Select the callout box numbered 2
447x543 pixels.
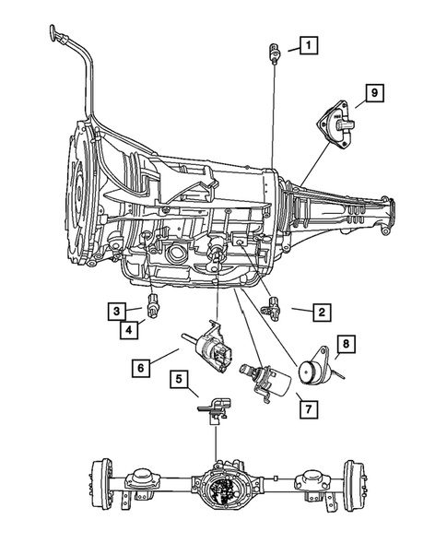321,313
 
